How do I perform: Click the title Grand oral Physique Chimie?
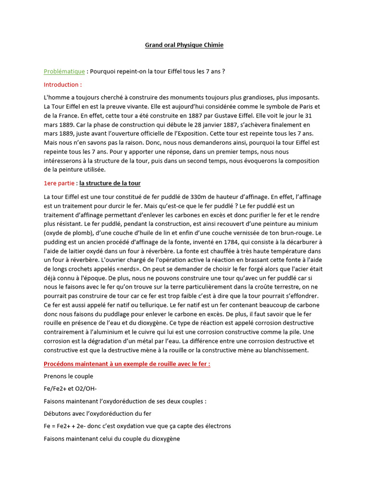(x=184, y=45)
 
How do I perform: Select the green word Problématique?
(x=64, y=71)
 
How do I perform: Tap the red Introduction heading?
(x=62, y=85)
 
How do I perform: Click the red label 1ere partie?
(x=60, y=183)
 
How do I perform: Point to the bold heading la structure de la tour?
(x=110, y=183)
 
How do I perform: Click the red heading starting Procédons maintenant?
(x=127, y=364)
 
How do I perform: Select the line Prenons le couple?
(x=68, y=376)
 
